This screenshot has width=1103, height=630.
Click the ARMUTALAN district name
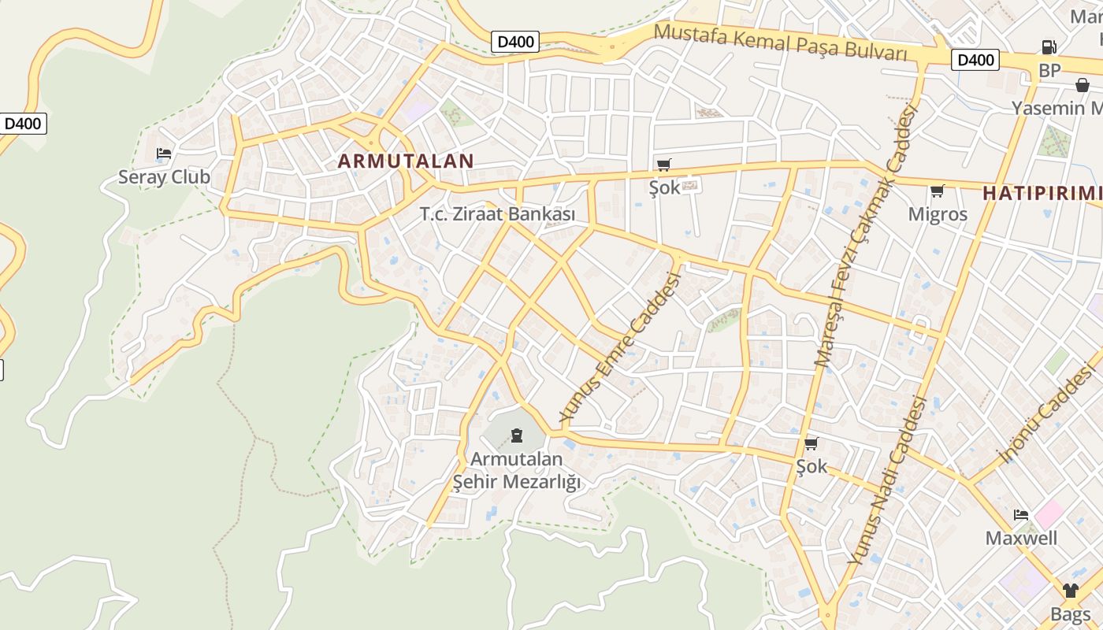tap(406, 161)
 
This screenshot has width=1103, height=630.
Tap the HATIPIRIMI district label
tap(1042, 194)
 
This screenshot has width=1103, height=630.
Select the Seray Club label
tap(164, 177)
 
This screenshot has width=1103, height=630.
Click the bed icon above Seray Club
tap(164, 154)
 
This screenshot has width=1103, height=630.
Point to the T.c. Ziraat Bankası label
tap(497, 214)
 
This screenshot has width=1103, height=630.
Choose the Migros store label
tap(938, 214)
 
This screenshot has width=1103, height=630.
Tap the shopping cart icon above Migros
tap(938, 191)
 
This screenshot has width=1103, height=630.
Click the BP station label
tap(1049, 71)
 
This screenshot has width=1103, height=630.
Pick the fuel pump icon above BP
tap(1049, 47)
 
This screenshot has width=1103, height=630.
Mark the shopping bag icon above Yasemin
tap(1083, 85)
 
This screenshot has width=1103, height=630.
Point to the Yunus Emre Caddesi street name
tap(619, 346)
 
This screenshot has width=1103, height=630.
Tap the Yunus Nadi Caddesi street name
tap(887, 480)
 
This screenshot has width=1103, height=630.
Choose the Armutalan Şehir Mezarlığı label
tap(517, 470)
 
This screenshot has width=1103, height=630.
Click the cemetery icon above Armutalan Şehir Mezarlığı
tap(517, 435)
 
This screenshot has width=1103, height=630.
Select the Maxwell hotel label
tap(1022, 539)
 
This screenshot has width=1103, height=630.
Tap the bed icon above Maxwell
tap(1021, 516)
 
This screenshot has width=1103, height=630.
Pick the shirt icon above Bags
tap(1070, 591)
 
